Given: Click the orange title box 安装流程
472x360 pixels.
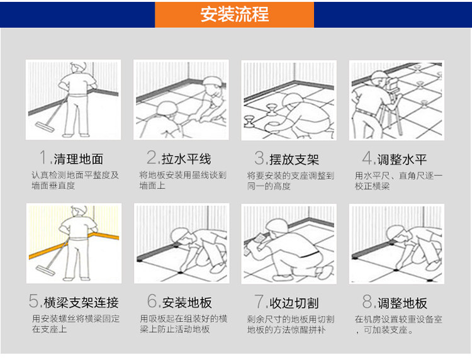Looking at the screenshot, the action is [234, 14].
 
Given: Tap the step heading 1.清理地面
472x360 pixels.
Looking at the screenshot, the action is [71, 158].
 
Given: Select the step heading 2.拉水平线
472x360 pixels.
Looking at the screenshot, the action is [179, 158].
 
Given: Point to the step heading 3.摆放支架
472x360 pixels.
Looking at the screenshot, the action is [286, 159].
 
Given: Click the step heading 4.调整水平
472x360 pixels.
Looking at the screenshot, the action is [395, 159].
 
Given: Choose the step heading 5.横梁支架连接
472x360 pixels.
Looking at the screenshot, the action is [74, 301].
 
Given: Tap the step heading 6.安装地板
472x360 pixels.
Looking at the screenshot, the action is [179, 301].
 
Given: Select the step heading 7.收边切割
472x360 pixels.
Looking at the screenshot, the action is [286, 302].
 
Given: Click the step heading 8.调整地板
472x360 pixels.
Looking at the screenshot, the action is [395, 302].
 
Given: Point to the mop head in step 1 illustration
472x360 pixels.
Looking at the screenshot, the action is [45, 127].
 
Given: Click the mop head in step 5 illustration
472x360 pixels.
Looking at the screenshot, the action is [45, 270].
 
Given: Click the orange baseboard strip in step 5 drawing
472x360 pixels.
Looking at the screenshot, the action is [74, 244].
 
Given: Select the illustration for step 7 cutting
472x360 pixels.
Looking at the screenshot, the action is [289, 244].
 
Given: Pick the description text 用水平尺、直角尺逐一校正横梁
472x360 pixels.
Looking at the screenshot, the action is [399, 181].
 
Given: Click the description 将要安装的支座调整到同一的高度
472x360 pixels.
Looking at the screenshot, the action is [291, 181].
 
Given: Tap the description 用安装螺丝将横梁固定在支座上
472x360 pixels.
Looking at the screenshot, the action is [76, 324].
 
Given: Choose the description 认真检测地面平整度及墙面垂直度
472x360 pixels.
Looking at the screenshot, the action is [76, 180].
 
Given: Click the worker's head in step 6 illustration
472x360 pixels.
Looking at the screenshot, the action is [180, 235].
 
